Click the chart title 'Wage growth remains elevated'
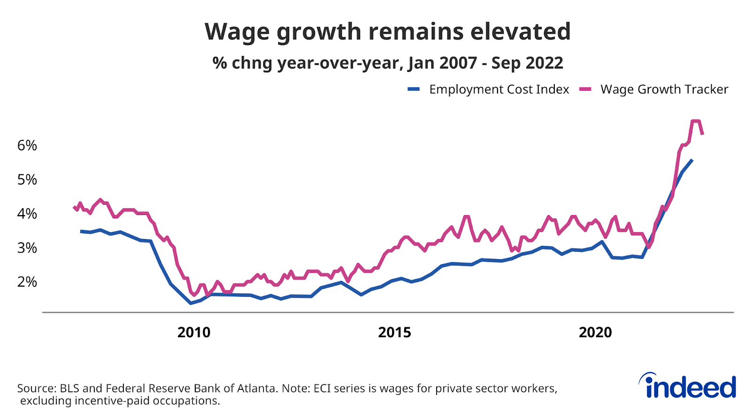(x=387, y=32)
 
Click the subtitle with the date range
(x=387, y=63)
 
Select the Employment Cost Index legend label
(x=498, y=89)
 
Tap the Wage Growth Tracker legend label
(x=664, y=89)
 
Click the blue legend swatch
(x=414, y=89)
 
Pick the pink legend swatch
(x=585, y=89)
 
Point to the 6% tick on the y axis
(x=27, y=146)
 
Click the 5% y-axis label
(x=27, y=179)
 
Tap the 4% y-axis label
(x=27, y=214)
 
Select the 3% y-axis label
(x=27, y=248)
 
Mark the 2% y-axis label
(x=27, y=282)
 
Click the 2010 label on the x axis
(x=194, y=333)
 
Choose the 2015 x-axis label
(x=394, y=333)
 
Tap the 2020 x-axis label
(x=595, y=333)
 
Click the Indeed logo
(x=688, y=387)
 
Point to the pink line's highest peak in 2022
(x=696, y=121)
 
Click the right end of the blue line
(x=692, y=160)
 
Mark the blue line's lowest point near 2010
(x=191, y=303)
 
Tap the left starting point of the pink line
(x=74, y=207)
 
